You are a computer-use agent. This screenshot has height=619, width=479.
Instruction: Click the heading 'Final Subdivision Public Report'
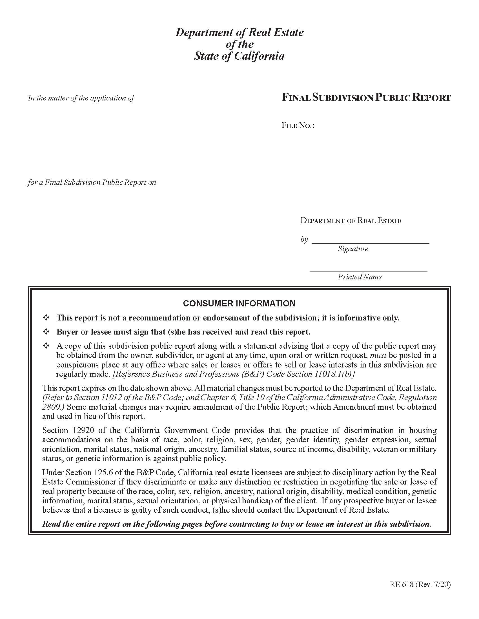coord(366,98)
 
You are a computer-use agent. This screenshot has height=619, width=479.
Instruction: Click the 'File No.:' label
coord(298,125)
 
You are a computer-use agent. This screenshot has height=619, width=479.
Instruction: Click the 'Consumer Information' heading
coord(239,304)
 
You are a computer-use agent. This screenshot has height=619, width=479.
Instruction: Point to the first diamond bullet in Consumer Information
coord(46,318)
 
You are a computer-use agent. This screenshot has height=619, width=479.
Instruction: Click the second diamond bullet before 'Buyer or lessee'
coord(46,332)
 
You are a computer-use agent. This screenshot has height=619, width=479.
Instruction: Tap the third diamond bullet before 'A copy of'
coord(46,346)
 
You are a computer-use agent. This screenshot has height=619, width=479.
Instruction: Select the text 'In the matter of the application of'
coord(81,98)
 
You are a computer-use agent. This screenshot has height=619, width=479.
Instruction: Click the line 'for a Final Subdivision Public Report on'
coord(92,182)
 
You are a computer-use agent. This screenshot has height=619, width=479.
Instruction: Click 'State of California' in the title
coord(239,56)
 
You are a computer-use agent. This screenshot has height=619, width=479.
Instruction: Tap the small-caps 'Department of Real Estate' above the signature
coord(351,221)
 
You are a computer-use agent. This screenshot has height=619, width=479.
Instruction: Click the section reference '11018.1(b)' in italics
coord(334,374)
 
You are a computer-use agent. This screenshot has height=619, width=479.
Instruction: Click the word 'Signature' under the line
coord(353,249)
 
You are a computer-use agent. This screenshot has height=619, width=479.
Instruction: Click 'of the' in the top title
coord(239,44)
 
